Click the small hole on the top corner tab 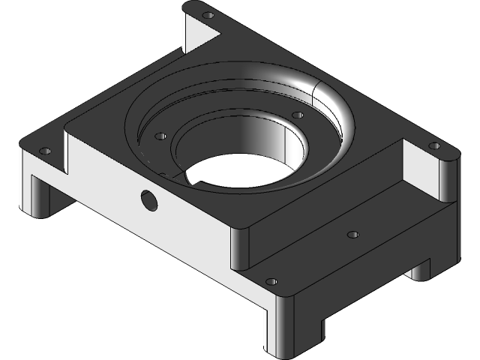click(209, 14)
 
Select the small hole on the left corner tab click(44, 151)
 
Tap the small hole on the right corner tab click(433, 145)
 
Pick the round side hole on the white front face click(148, 199)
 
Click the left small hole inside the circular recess click(159, 137)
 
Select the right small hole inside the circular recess click(297, 115)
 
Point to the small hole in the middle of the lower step click(353, 235)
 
